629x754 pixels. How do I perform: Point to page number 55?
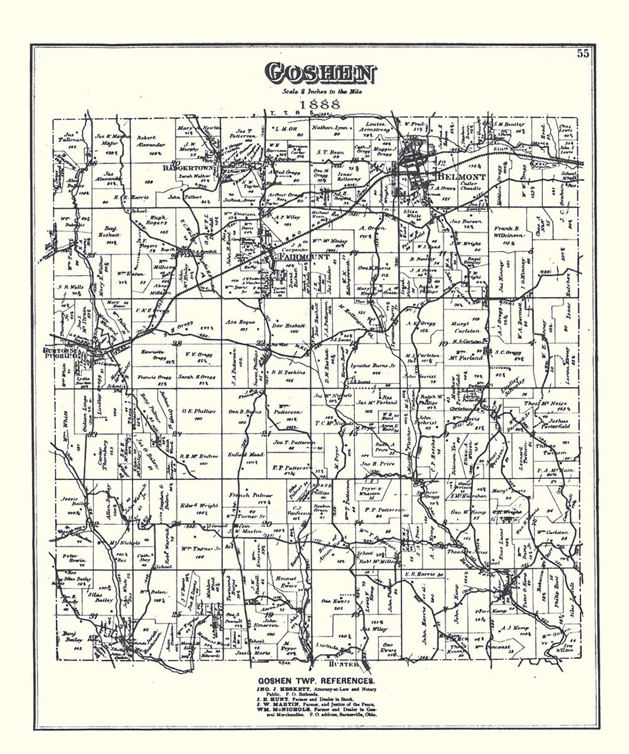tap(583, 54)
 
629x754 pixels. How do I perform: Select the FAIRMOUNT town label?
tap(298, 256)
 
